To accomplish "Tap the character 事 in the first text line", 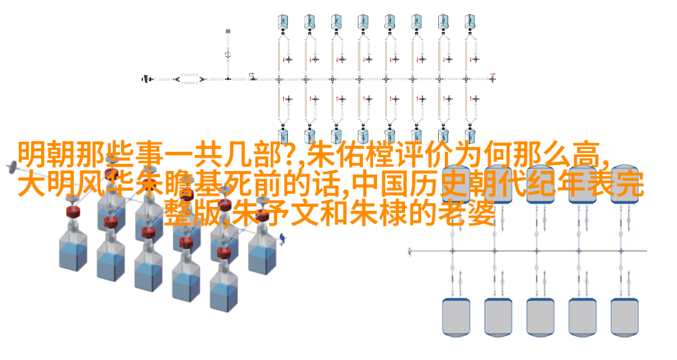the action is [148, 155].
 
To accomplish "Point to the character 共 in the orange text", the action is [207, 155].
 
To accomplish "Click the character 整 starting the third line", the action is [178, 214].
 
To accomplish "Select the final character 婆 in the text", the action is [481, 214].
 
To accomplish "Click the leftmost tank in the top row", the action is [283, 21].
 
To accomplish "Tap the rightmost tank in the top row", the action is [470, 21].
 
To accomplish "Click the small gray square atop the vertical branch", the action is [228, 31].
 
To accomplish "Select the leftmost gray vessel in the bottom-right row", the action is [456, 317].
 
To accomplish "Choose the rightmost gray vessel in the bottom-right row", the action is [624, 317].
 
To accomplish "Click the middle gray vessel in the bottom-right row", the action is [540, 317].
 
